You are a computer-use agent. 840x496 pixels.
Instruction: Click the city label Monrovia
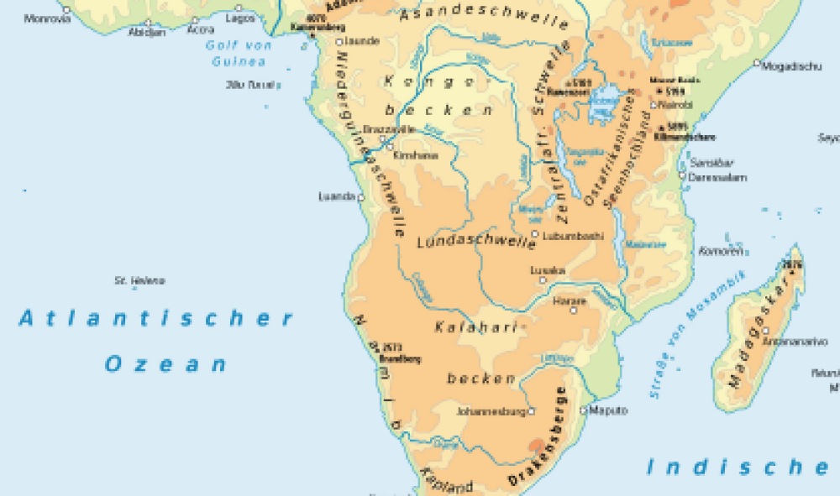[48, 18]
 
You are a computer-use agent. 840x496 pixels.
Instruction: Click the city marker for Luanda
[361, 197]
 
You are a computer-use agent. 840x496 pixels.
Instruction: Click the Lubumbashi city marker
[535, 235]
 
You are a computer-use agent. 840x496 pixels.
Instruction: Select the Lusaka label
[548, 270]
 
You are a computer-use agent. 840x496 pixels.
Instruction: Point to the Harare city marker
[575, 310]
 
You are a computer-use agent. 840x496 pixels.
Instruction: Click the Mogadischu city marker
[757, 62]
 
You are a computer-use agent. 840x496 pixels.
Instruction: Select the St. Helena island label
[139, 280]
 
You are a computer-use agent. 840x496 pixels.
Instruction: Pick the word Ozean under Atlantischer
[165, 364]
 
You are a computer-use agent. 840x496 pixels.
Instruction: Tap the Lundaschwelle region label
[476, 243]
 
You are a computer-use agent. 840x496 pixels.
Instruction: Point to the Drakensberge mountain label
[538, 436]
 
